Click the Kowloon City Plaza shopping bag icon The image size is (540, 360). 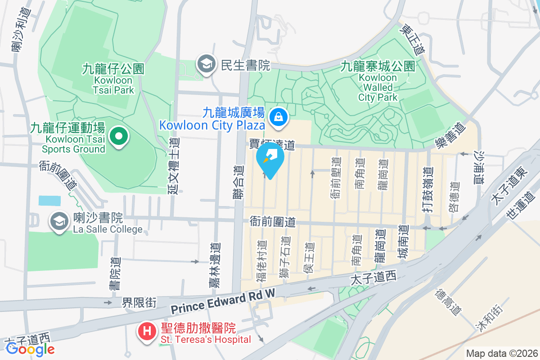pyautogui.click(x=279, y=117)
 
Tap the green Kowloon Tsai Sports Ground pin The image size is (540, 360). pyautogui.click(x=119, y=136)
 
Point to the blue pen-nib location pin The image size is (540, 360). pyautogui.click(x=270, y=160)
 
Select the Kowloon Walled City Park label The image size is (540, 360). pyautogui.click(x=378, y=82)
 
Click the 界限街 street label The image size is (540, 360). pyautogui.click(x=139, y=303)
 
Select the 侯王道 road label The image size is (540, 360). pyautogui.click(x=310, y=258)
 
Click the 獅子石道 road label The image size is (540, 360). pyautogui.click(x=285, y=260)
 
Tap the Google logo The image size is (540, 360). pyautogui.click(x=30, y=349)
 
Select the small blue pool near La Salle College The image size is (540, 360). pyautogui.click(x=49, y=201)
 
